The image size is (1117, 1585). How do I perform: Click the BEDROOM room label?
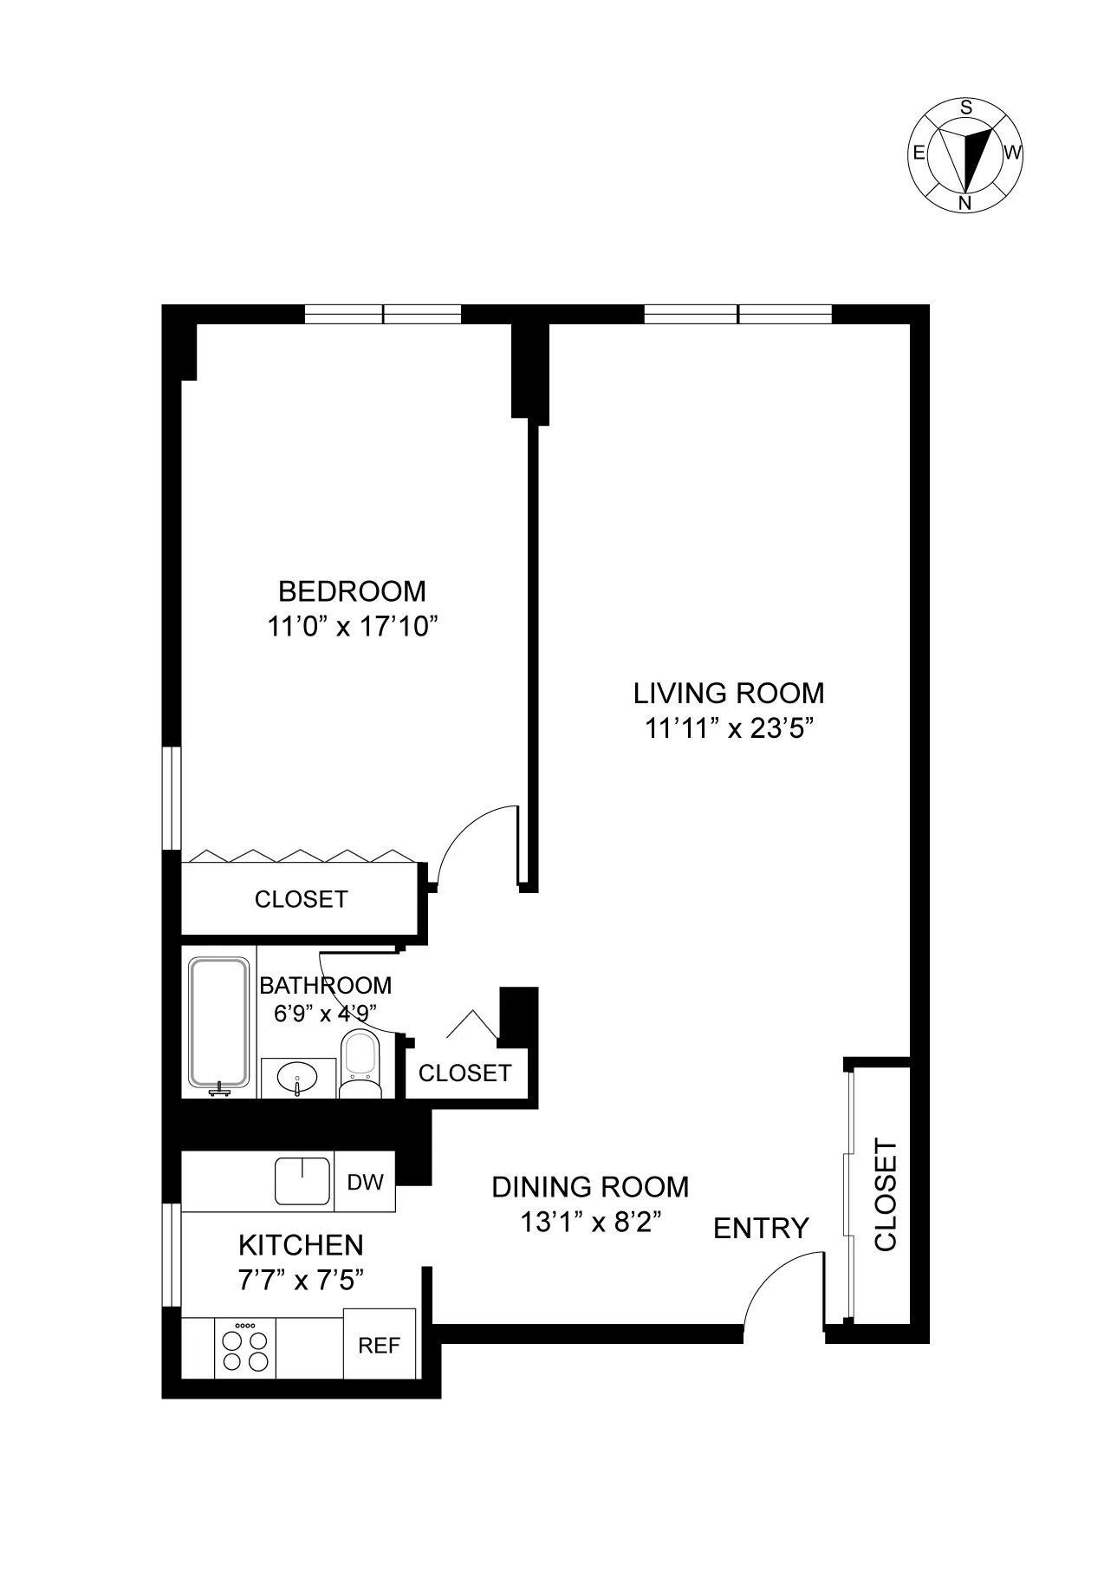click(352, 591)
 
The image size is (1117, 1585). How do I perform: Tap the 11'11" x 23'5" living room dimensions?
click(728, 728)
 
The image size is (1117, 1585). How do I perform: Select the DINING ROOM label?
click(590, 1186)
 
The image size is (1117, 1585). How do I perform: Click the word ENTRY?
click(761, 1228)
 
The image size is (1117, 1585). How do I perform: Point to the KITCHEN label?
click(301, 1245)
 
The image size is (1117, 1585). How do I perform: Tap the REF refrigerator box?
click(380, 1345)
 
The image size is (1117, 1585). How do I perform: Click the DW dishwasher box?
click(365, 1183)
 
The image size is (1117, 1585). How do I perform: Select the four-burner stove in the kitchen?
click(245, 1349)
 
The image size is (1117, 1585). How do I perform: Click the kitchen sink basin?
click(302, 1181)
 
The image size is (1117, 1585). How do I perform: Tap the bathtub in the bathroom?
click(218, 1023)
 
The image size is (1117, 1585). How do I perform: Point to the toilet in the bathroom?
click(360, 1062)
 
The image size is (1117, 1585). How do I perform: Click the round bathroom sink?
click(297, 1078)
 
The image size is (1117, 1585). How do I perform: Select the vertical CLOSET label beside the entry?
click(886, 1195)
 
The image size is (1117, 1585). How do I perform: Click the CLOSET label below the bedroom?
click(301, 899)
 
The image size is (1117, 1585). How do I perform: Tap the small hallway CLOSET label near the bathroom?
click(464, 1073)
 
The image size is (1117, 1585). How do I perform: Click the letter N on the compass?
click(964, 203)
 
